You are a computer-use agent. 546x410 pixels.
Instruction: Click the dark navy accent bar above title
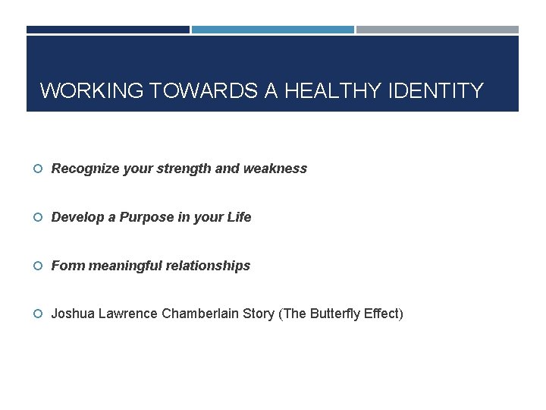click(108, 30)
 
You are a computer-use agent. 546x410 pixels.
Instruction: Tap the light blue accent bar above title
click(272, 30)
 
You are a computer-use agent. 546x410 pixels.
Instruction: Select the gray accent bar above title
click(438, 30)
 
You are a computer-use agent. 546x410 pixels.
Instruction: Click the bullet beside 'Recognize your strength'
click(38, 169)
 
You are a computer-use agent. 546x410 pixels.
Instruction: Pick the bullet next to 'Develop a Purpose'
click(38, 217)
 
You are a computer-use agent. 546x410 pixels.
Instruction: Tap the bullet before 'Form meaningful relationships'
click(38, 266)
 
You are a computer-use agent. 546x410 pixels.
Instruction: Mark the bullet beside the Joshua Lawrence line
click(38, 314)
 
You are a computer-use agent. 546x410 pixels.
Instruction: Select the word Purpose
click(146, 217)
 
